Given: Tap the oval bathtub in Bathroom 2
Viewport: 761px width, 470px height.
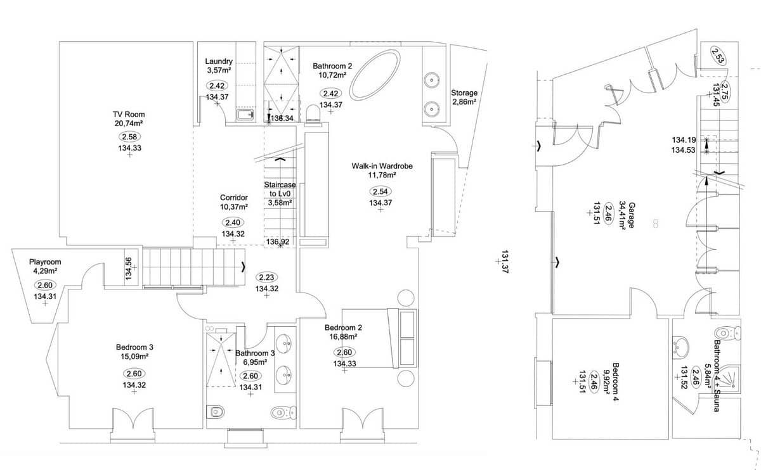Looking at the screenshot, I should pos(374,75).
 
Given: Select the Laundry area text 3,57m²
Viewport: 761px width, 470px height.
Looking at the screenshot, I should pos(219,71).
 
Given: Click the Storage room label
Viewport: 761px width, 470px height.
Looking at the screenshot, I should pos(464,93).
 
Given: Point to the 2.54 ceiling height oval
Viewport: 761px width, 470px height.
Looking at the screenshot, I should pos(380,191).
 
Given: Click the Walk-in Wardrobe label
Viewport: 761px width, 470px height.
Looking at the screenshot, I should pos(382,166).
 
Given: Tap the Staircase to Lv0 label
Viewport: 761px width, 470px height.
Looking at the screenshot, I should pos(280,194).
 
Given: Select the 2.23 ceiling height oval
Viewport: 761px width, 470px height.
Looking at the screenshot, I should pos(266,277).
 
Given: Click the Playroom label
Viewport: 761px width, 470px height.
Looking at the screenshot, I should pos(45,262).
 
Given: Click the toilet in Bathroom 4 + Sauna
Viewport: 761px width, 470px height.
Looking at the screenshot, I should pos(727,333).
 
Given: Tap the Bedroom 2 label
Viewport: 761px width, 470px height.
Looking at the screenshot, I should pos(343,327).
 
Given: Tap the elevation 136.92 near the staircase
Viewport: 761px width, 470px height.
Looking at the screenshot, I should pos(278,242).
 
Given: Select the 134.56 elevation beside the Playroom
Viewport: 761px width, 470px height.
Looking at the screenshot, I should pos(129,269).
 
